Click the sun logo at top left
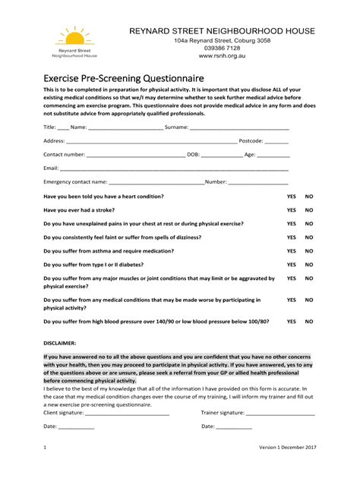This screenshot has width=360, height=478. tap(74, 36)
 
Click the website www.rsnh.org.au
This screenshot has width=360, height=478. tap(221, 56)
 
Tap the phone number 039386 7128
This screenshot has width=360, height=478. tap(221, 48)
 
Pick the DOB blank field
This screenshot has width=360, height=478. tap(220, 155)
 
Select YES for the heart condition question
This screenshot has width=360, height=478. tap(291, 196)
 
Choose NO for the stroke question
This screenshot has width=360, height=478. tap(309, 210)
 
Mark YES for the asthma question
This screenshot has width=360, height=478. tap(291, 251)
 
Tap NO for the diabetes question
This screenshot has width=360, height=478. tap(309, 265)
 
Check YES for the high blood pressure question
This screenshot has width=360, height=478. tap(291, 322)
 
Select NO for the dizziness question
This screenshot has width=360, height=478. tap(309, 237)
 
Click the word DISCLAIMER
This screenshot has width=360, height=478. tap(60, 342)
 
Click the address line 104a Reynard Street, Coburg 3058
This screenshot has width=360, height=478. tap(221, 40)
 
